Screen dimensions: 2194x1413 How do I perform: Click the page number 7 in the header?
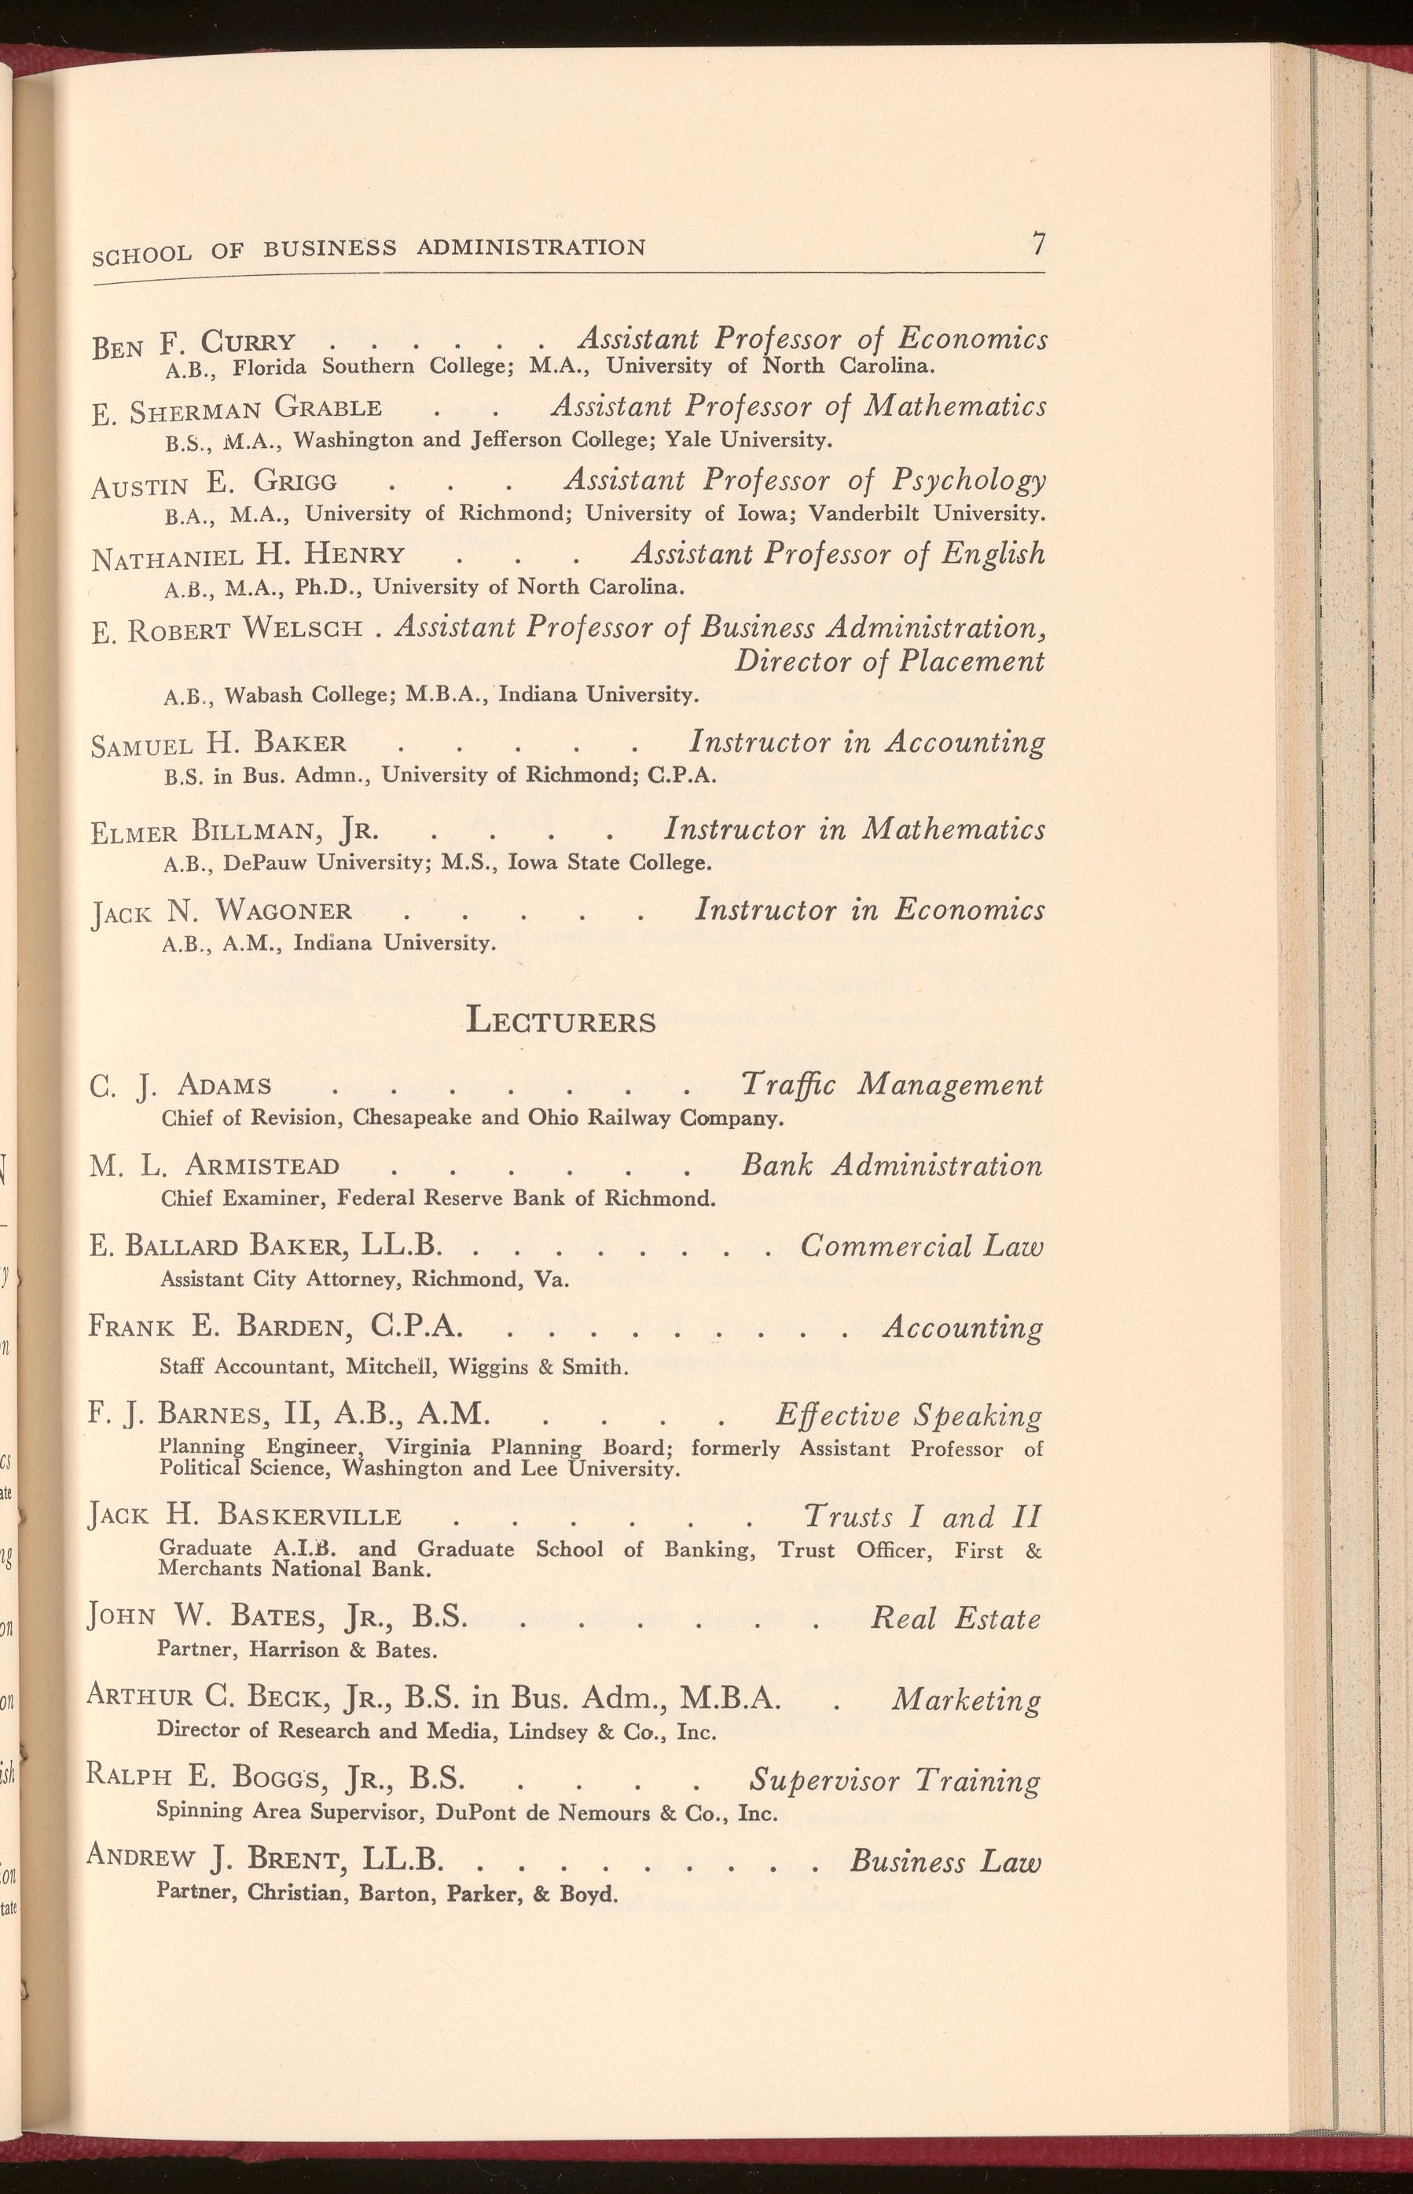coord(1037,244)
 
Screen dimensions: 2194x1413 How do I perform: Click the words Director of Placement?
coord(888,662)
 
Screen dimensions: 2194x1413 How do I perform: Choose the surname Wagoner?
coord(284,911)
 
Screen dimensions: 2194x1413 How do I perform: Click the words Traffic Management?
coord(891,1086)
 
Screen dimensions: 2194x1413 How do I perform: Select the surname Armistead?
coord(262,1167)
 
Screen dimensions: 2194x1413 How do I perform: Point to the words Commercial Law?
coord(921,1246)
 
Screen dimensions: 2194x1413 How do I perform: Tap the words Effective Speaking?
coord(908,1415)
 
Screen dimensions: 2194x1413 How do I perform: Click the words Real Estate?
coord(955,1618)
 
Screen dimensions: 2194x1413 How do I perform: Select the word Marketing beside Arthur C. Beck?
coord(966,1700)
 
